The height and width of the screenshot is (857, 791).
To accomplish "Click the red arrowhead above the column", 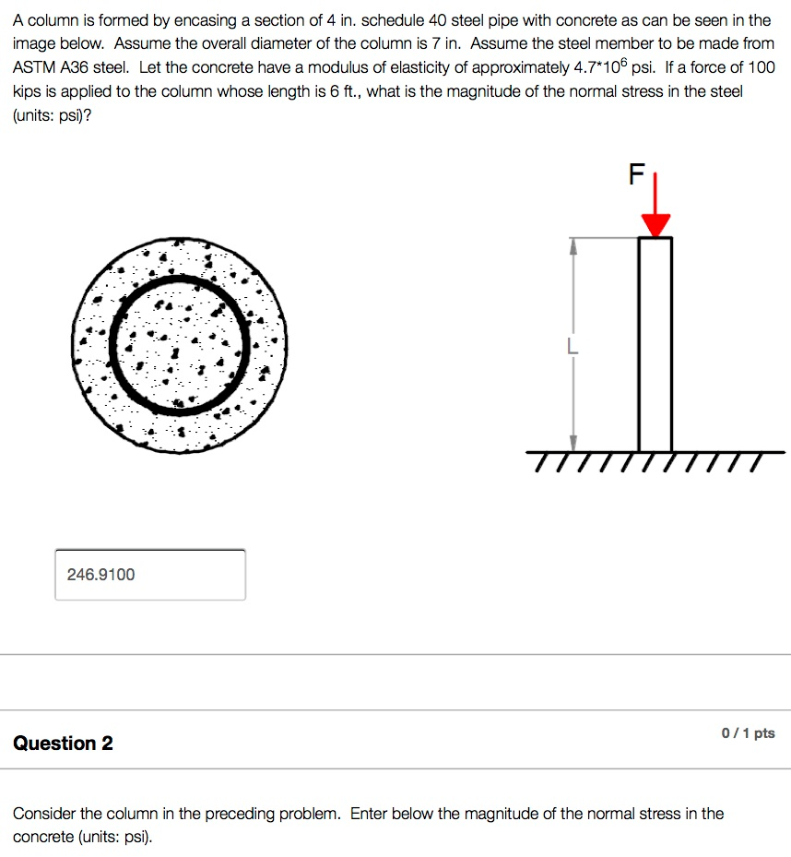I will (655, 225).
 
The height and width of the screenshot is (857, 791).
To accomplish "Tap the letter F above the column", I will (634, 175).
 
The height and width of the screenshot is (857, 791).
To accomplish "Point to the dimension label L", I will (573, 348).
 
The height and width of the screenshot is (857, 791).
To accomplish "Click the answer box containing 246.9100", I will (150, 575).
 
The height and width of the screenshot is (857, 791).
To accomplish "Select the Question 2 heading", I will (63, 744).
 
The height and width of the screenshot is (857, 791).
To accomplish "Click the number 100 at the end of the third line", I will (761, 68).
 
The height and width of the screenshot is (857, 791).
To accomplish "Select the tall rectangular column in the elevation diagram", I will (655, 343).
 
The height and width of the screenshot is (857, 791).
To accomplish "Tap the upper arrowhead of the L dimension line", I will (573, 244).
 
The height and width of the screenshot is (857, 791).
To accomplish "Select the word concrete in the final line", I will (43, 837).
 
